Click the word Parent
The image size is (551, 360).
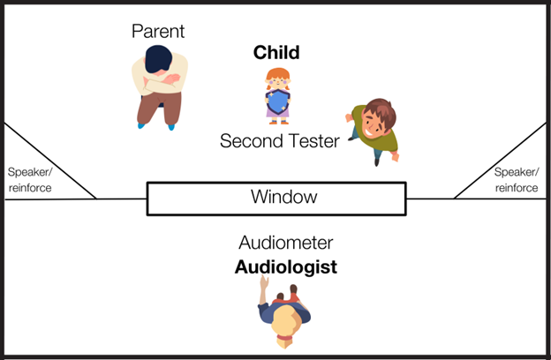pos(158,32)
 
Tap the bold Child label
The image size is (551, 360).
pos(276,53)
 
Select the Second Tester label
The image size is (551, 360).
pos(279,141)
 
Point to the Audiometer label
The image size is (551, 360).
pos(284,244)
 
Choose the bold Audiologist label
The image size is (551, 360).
pos(285,266)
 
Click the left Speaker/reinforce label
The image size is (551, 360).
pos(30,180)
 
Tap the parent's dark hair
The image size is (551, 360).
pos(160,59)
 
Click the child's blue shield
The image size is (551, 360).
pos(277,104)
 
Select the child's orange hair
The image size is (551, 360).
pos(278,77)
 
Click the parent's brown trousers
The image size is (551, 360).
pos(157,104)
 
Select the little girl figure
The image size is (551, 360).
pos(277,95)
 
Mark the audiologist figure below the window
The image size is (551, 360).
pos(283,312)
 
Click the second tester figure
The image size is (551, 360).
pos(373,129)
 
